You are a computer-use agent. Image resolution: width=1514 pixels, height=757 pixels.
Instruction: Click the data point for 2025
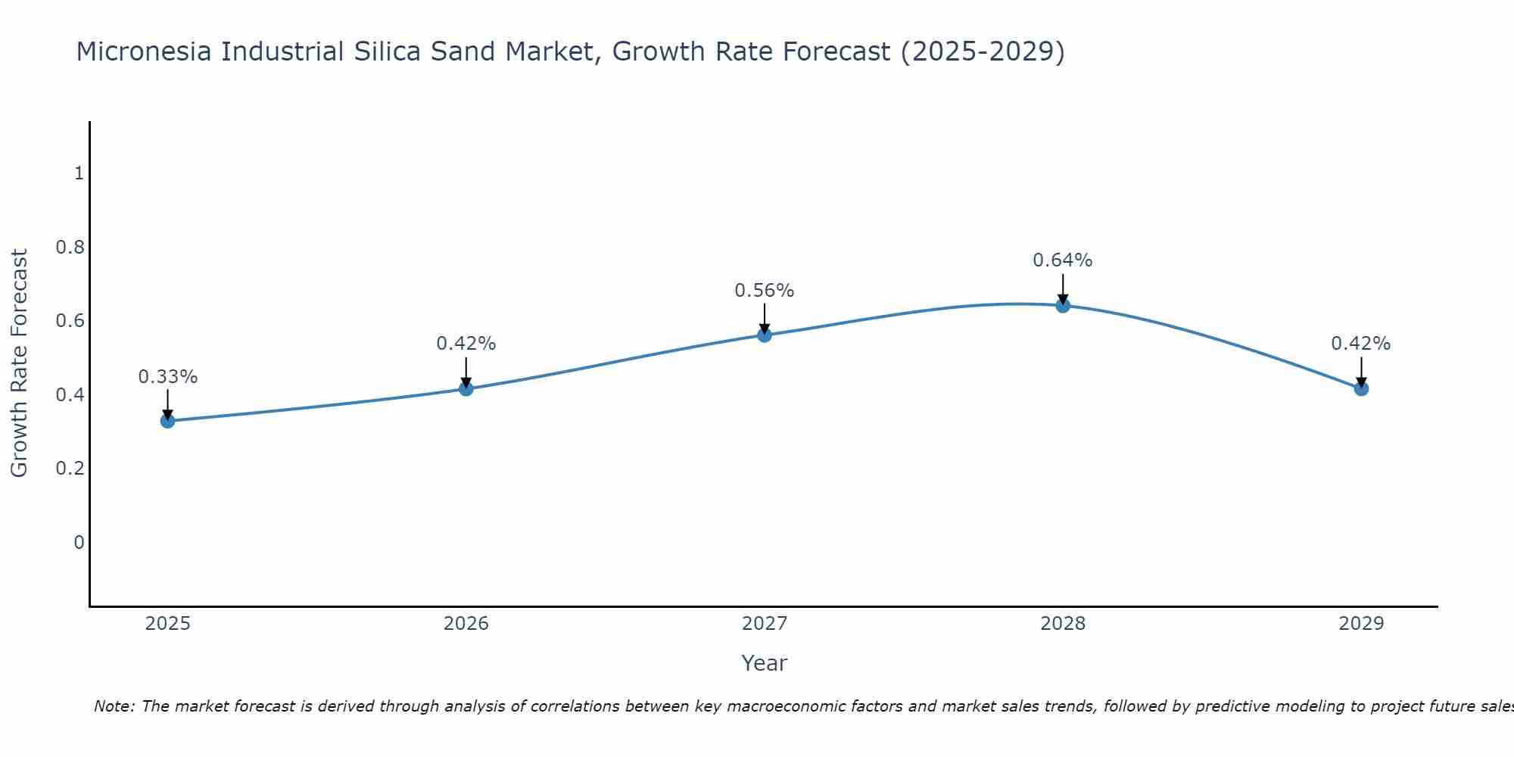[x=167, y=421]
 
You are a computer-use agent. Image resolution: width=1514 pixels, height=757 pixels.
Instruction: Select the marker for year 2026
[x=466, y=388]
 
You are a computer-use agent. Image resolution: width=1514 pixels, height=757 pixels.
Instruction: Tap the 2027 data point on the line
[x=765, y=335]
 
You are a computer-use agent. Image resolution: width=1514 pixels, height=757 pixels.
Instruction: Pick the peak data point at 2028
[x=1063, y=305]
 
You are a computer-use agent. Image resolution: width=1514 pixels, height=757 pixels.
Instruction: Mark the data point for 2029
[x=1361, y=388]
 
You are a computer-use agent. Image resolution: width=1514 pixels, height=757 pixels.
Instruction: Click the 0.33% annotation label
[x=168, y=377]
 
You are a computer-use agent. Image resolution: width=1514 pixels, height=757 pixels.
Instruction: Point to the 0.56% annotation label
[x=765, y=291]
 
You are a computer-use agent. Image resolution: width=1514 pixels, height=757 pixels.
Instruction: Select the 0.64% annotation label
[x=1063, y=260]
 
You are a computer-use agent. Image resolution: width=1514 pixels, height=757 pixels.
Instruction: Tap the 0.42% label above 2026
[x=466, y=344]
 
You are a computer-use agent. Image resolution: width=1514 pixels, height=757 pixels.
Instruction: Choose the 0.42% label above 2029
[x=1361, y=344]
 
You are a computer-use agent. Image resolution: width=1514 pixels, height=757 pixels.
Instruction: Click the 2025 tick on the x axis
[x=167, y=624]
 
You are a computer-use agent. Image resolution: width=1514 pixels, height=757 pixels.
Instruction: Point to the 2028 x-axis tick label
[x=1063, y=624]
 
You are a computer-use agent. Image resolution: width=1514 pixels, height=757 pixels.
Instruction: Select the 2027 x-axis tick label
[x=765, y=624]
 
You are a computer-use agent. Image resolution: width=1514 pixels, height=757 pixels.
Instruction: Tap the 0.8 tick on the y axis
[x=70, y=248]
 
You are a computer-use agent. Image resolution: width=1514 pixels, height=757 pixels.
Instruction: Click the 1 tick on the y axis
[x=79, y=173]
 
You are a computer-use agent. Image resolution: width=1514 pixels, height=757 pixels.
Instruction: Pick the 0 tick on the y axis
[x=79, y=542]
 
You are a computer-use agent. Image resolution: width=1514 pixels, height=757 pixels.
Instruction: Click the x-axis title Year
[x=765, y=663]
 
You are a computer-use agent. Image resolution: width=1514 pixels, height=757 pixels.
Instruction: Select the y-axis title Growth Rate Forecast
[x=20, y=363]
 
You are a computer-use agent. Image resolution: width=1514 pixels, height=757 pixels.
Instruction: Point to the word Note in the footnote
[x=114, y=706]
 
